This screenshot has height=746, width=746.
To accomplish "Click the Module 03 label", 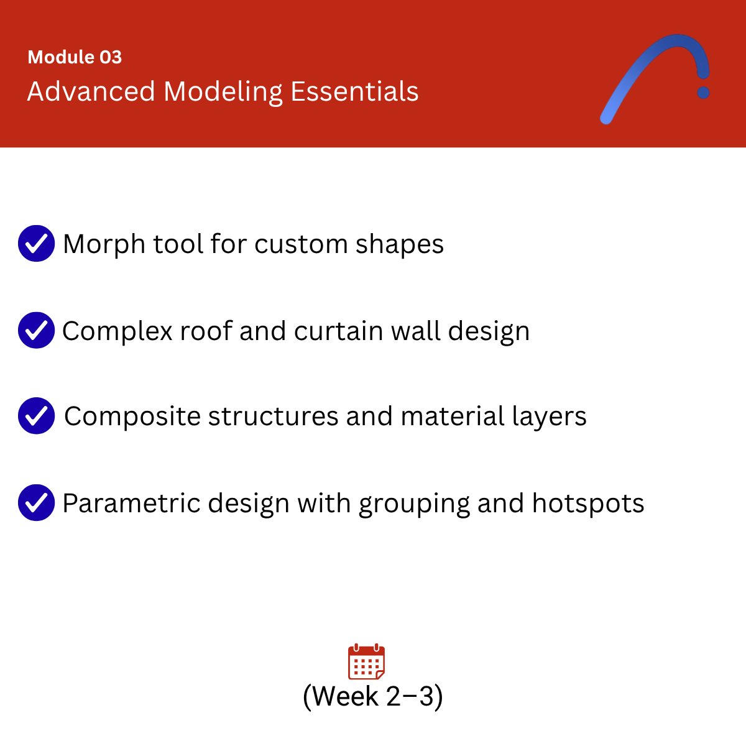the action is coord(75,57).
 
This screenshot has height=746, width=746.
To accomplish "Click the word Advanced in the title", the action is coord(91,91).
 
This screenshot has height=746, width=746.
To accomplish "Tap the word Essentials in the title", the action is coord(354,91).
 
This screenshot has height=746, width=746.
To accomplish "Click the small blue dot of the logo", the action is coord(703,93).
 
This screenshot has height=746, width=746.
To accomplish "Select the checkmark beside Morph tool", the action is coord(37,243).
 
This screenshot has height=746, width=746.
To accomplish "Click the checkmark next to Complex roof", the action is coord(37,330).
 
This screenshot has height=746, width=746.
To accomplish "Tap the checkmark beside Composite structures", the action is coord(37,415).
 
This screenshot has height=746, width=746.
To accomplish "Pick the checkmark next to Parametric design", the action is coord(37,502).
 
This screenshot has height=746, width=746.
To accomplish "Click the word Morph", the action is coord(104,244).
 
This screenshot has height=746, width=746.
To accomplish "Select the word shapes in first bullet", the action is coord(400,244).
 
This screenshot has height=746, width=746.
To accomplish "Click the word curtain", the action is coord(338,331).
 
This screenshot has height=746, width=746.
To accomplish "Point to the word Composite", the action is coord(132,417).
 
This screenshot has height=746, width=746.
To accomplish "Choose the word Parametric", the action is coord(131,504).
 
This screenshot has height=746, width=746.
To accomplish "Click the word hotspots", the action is coord(588,504).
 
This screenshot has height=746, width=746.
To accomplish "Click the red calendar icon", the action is coord(366,661).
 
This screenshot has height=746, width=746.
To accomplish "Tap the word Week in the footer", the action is coord(345,696).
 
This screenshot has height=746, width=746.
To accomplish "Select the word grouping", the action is coord(414,504).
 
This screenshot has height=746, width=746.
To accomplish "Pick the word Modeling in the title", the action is coord(223,92).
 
